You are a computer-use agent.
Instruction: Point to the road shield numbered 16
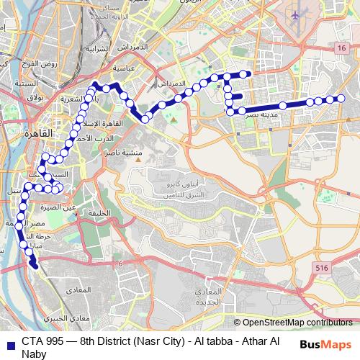pyautogui.click(x=340, y=47)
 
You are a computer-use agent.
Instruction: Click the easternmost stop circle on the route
pyautogui.click(x=341, y=99)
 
